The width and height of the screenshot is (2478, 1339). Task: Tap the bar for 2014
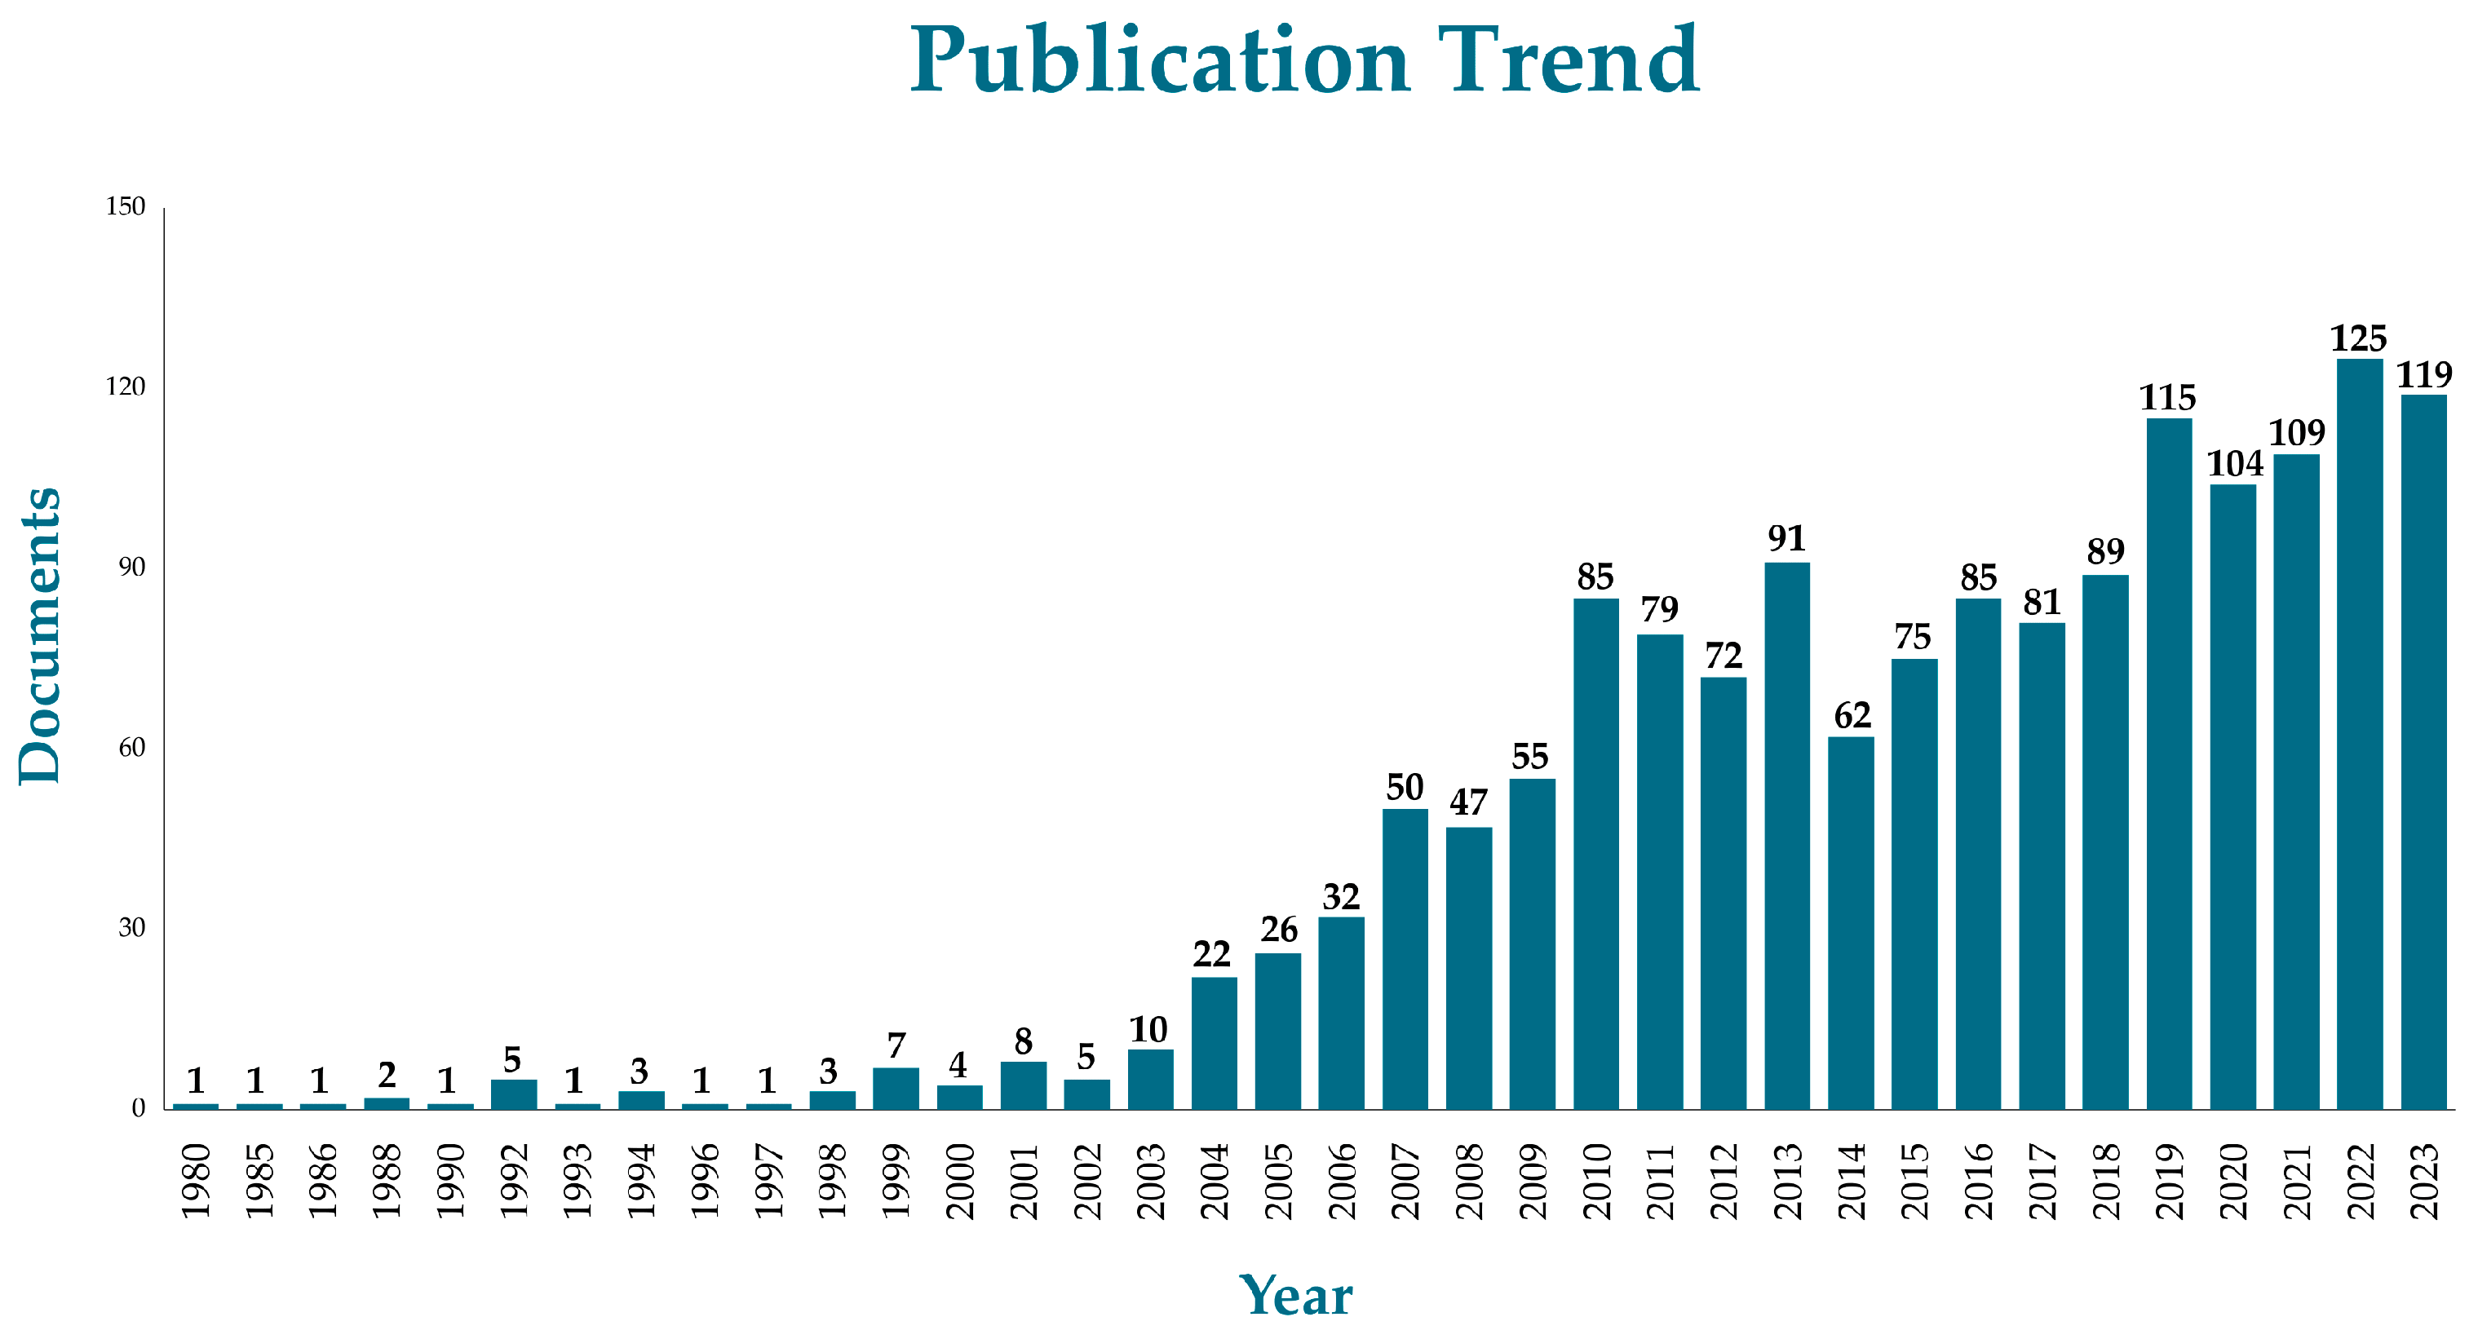tap(1851, 922)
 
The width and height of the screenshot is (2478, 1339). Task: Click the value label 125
tap(2359, 338)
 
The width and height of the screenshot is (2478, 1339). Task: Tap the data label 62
tap(1852, 716)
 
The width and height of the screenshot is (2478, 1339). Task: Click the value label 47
tap(1469, 802)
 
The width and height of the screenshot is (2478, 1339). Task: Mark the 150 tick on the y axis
tap(125, 207)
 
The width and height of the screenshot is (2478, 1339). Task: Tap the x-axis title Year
tap(1296, 1296)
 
